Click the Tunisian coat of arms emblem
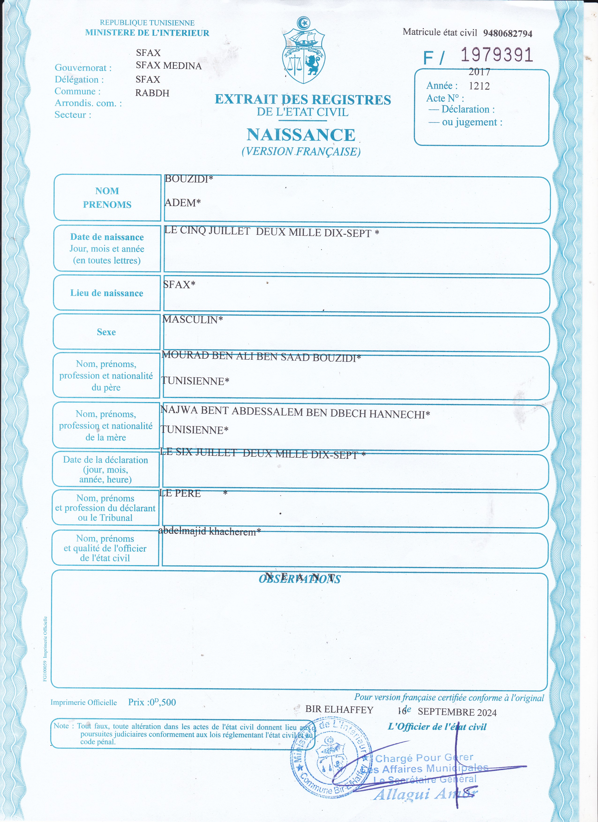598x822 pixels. click(x=303, y=51)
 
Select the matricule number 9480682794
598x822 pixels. click(x=507, y=33)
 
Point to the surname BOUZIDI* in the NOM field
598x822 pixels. click(x=188, y=179)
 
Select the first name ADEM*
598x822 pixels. click(x=182, y=203)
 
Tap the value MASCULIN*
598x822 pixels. click(x=192, y=319)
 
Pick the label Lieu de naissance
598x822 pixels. click(x=107, y=293)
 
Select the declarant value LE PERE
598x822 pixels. click(x=180, y=493)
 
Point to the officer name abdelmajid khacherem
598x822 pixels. click(x=209, y=531)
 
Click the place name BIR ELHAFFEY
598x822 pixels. click(x=339, y=710)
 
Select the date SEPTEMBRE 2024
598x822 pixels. click(x=457, y=712)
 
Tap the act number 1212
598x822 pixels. click(x=479, y=86)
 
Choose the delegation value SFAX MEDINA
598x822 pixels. click(x=168, y=66)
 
